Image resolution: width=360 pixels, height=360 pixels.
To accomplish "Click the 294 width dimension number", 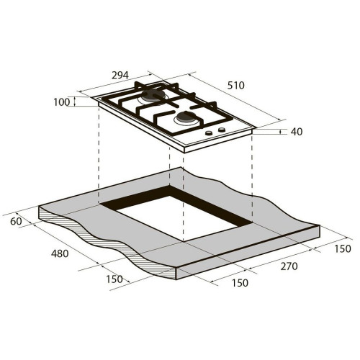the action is point(120,76).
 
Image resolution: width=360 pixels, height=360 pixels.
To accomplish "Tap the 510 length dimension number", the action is point(235,86).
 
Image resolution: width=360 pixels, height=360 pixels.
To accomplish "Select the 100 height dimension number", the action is point(61,102).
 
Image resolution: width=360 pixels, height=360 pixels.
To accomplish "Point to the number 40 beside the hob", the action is point(297,132).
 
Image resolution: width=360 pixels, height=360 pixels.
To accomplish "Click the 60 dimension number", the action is point(16,221).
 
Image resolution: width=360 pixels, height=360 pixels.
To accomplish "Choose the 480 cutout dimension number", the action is point(60,253).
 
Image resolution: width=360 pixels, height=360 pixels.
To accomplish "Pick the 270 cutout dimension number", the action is point(289,266).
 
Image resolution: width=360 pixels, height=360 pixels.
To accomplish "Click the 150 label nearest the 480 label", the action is point(114,279).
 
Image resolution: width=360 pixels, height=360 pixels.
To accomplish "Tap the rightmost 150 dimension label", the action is point(343,249).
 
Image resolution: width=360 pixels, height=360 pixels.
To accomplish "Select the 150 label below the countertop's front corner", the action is point(240,283).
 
